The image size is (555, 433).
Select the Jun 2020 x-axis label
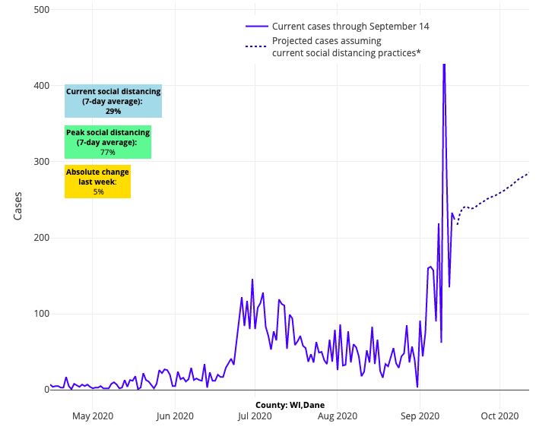(x=175, y=416)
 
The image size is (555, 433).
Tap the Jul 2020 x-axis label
(x=255, y=416)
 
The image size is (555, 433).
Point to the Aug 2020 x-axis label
(x=337, y=416)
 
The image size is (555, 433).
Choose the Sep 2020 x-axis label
(x=420, y=416)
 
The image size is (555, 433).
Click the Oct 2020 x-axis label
(x=499, y=416)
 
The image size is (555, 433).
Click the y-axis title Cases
(x=18, y=205)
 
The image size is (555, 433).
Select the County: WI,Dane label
(x=290, y=405)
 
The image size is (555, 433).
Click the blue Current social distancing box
(x=113, y=101)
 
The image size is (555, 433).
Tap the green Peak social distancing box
(x=108, y=142)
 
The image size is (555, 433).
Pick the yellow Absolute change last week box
(x=97, y=182)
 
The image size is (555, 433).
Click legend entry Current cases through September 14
(x=350, y=27)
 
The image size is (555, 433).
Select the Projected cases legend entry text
(x=346, y=47)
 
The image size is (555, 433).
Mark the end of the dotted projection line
(x=528, y=173)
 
